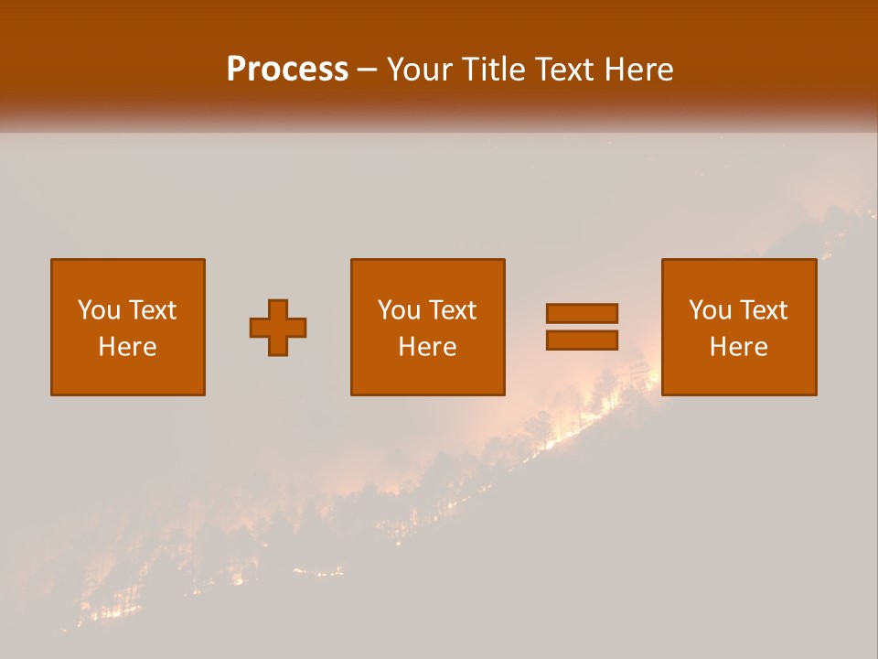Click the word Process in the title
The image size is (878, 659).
pyautogui.click(x=287, y=70)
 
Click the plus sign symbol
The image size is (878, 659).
pyautogui.click(x=278, y=328)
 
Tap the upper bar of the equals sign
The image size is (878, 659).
pyautogui.click(x=582, y=313)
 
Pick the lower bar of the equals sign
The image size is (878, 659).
pyautogui.click(x=582, y=340)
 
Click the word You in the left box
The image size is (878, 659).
pyautogui.click(x=99, y=310)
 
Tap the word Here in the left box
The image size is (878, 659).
pyautogui.click(x=127, y=347)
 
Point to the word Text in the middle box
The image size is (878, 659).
pyautogui.click(x=452, y=310)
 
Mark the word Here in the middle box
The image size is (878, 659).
pyautogui.click(x=427, y=347)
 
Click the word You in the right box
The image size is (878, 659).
pyautogui.click(x=710, y=310)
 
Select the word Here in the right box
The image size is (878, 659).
pyautogui.click(x=738, y=347)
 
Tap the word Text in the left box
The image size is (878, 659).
pyautogui.click(x=152, y=310)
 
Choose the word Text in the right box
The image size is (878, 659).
pyautogui.click(x=763, y=310)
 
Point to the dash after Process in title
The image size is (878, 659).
pyautogui.click(x=367, y=70)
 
